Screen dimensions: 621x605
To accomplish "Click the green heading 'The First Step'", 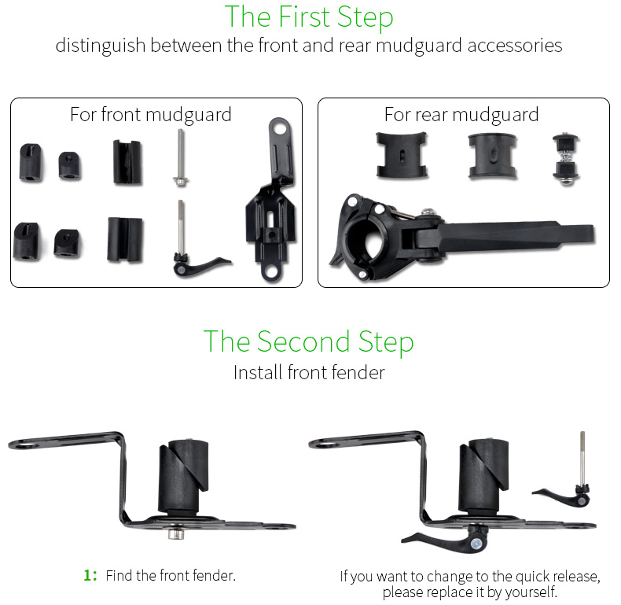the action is [309, 17].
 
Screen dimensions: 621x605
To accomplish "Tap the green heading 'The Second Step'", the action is [308, 341].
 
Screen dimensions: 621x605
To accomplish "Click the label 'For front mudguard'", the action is [151, 115].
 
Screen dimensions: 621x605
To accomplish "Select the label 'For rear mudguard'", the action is [461, 115].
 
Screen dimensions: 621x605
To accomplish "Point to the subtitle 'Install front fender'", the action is [309, 373].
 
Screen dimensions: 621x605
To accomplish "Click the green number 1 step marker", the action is [90, 575].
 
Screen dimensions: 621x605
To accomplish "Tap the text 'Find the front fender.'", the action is [171, 575].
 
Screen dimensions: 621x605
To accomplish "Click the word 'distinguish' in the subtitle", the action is [101, 46].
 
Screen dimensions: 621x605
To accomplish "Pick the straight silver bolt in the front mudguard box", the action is [181, 157].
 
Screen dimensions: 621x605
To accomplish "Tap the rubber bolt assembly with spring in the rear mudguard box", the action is [566, 160].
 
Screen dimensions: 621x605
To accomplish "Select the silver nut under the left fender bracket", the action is [176, 533].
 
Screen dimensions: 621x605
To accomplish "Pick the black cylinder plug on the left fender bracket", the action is [183, 476].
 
